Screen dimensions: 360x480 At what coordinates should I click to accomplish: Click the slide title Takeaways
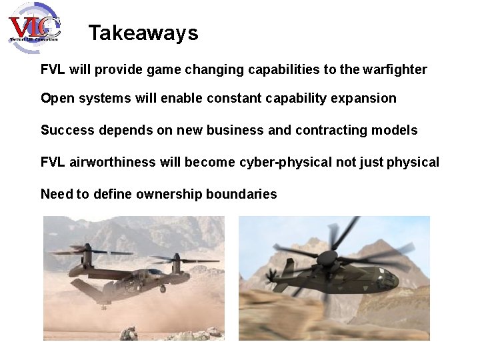[x=143, y=33]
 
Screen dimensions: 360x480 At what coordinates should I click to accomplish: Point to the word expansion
[x=365, y=99]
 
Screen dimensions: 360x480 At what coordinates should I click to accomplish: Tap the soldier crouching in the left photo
[x=131, y=331]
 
